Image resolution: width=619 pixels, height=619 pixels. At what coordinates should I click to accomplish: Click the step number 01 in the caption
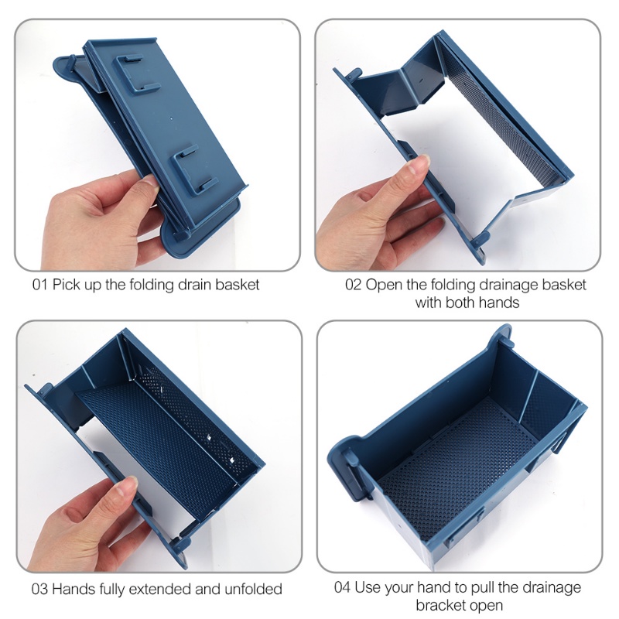click(39, 285)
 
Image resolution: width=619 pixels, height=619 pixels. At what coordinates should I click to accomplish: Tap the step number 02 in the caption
click(353, 285)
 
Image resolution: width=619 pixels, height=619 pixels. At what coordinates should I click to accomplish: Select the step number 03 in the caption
click(39, 589)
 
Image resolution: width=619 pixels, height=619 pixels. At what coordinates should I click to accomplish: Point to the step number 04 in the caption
click(342, 587)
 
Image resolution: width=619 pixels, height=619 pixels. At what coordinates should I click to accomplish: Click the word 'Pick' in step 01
click(66, 285)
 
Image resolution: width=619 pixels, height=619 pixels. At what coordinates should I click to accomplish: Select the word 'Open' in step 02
click(381, 286)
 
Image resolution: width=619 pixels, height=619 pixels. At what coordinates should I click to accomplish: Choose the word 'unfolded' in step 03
click(253, 589)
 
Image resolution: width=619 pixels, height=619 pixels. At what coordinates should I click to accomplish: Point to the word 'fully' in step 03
click(112, 590)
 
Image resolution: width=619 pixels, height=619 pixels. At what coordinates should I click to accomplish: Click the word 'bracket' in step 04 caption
click(439, 605)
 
